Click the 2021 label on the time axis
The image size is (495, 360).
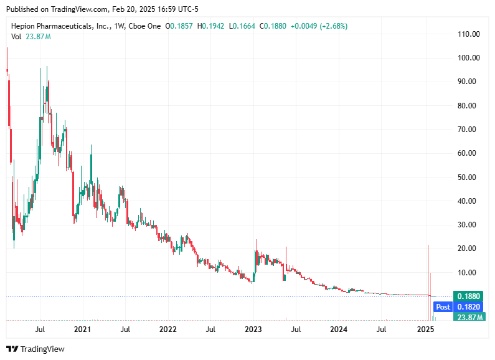[82, 328]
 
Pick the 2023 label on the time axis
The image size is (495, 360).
[253, 328]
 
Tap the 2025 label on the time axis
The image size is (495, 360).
[425, 328]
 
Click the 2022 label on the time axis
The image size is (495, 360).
[167, 328]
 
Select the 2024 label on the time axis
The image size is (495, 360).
[339, 328]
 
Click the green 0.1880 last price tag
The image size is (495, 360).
[468, 296]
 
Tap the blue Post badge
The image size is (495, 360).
[443, 307]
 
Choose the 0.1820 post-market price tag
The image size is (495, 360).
[468, 307]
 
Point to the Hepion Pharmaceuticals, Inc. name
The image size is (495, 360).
[59, 26]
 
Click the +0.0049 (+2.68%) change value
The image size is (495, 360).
[319, 26]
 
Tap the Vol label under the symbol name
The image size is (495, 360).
[16, 37]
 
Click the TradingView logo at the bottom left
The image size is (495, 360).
[35, 349]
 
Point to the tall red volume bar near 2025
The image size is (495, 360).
[428, 280]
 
